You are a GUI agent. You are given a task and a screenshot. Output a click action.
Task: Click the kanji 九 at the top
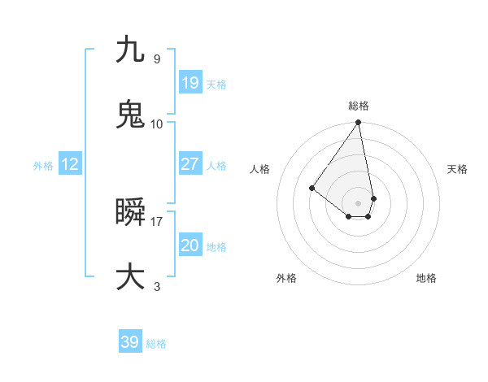(130, 50)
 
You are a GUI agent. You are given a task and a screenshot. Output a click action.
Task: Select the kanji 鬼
(130, 115)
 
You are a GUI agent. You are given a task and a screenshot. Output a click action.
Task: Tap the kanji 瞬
(130, 213)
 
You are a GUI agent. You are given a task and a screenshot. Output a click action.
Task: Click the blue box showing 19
(190, 83)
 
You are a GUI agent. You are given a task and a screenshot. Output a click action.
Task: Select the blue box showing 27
(190, 164)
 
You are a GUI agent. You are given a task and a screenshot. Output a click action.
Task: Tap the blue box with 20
(190, 246)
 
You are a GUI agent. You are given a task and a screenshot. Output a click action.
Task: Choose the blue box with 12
(69, 165)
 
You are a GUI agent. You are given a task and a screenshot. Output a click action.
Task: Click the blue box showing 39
(129, 342)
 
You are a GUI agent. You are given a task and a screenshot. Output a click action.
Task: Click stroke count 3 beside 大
(157, 286)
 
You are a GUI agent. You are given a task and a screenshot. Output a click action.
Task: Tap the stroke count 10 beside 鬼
(157, 124)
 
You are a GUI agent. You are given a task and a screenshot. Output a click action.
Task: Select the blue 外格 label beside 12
(43, 166)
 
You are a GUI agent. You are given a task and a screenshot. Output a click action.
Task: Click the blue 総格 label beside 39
(156, 344)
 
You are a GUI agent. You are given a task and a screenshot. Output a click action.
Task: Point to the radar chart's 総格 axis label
(359, 106)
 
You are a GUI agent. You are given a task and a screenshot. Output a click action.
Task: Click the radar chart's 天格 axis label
(457, 169)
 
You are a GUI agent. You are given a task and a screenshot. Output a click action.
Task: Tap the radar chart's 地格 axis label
(426, 278)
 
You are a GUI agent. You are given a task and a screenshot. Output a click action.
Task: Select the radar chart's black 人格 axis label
(260, 169)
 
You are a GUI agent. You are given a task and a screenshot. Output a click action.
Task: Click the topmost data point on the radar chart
(359, 123)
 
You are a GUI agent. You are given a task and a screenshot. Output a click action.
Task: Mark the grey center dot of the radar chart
(359, 202)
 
